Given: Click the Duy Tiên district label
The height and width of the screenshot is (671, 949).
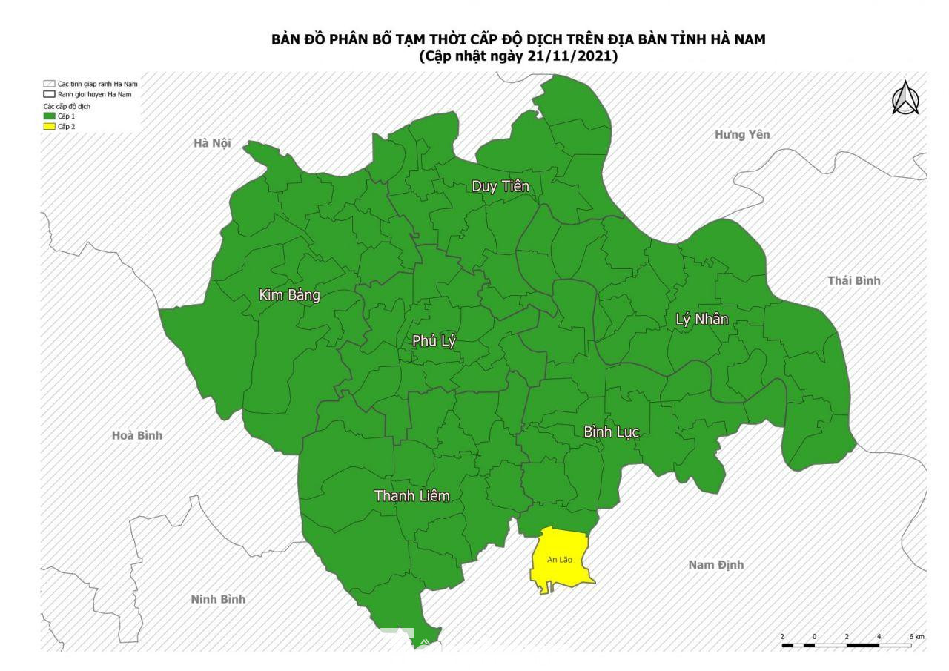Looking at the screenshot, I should point(500,186).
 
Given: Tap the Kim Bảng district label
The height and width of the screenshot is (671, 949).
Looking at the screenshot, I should point(289,295).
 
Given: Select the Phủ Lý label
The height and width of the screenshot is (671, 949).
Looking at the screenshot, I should point(434,341).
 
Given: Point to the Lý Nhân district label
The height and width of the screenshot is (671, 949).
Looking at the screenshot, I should point(701,320).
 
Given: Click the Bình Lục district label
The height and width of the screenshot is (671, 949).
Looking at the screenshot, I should point(611,432).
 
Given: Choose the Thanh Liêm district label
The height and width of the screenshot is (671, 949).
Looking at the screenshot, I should point(411,495).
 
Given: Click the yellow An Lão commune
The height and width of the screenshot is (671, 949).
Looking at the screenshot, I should point(561,561).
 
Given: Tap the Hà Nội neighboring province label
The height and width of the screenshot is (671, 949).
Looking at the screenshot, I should point(212,143).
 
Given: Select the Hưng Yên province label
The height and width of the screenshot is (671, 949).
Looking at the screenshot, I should point(742,134).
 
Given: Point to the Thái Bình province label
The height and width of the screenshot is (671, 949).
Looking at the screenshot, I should point(853,280).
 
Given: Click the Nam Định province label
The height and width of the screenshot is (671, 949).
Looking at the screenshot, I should point(715,565).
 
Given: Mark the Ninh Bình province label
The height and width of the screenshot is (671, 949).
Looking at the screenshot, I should point(218,599).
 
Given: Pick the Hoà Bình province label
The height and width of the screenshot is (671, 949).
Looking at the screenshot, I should point(136,435).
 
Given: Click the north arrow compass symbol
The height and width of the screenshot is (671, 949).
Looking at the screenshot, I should point(905,99).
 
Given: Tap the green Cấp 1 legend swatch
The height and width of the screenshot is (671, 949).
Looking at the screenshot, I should point(49,116).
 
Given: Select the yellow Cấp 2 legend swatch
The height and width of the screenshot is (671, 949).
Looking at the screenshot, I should point(49,127).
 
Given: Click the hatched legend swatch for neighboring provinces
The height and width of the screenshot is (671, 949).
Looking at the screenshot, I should point(49,84).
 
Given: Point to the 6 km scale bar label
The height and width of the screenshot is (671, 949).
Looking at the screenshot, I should point(916,637).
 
